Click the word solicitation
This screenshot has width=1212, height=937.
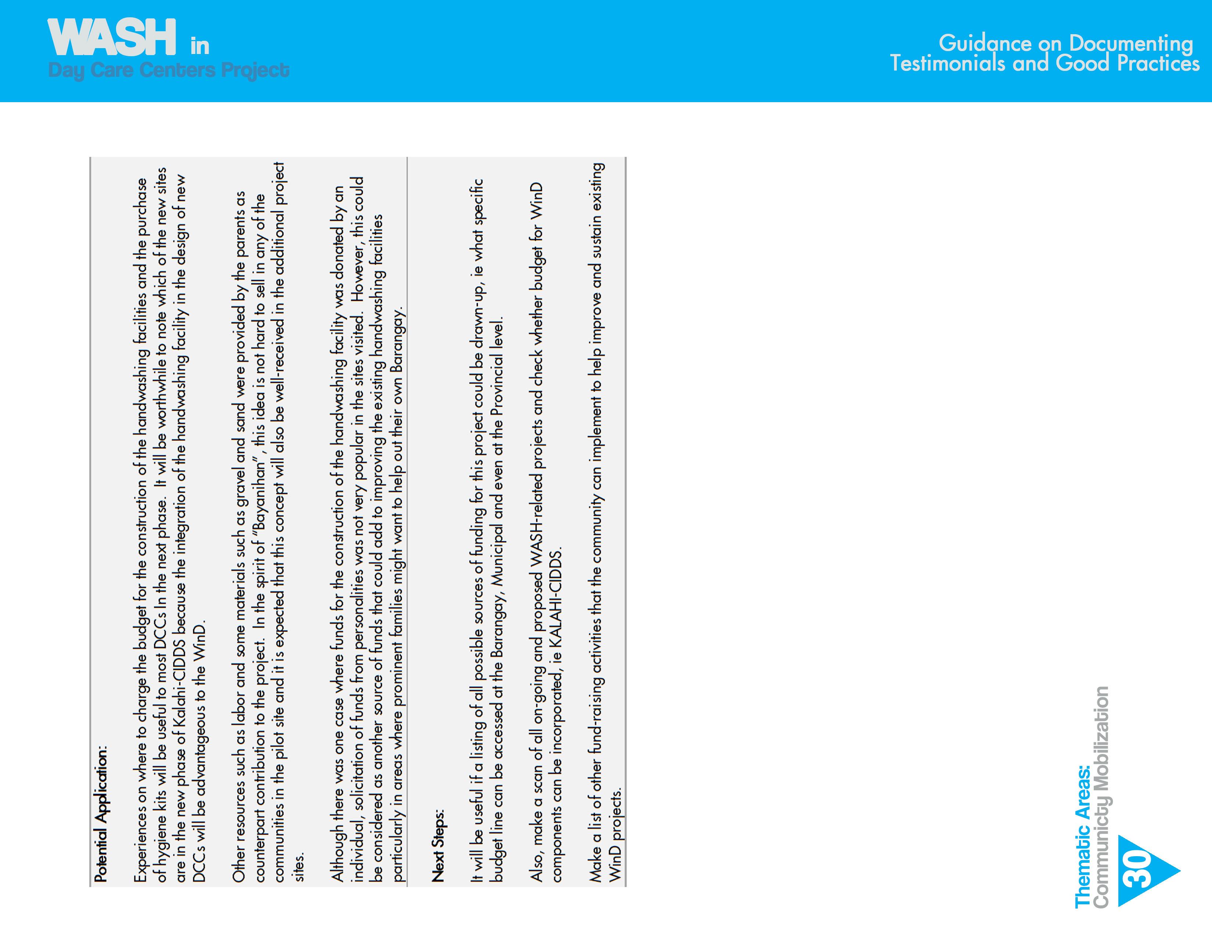click(x=360, y=763)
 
